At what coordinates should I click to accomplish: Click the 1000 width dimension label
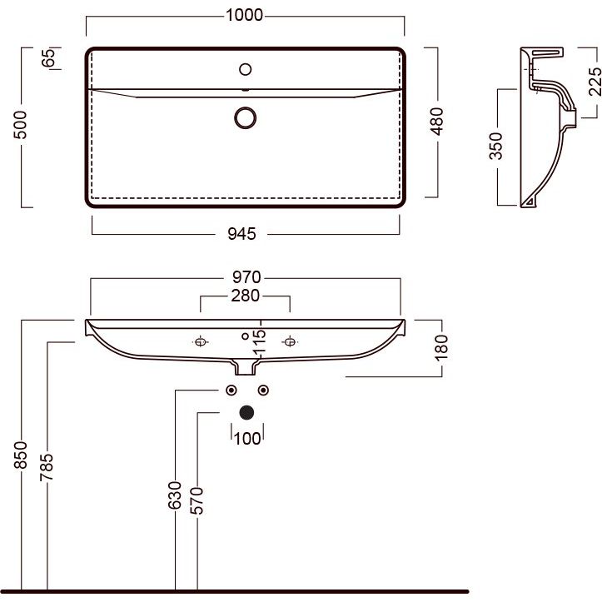(244, 15)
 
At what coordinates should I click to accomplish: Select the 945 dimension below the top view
(241, 234)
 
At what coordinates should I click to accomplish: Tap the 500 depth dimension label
(20, 124)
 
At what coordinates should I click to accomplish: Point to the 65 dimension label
(48, 58)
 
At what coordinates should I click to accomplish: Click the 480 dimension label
(436, 122)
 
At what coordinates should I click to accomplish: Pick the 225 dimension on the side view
(595, 82)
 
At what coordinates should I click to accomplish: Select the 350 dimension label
(495, 146)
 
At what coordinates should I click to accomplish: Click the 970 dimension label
(246, 276)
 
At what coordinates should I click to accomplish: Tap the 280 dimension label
(246, 296)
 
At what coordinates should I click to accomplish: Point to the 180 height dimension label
(441, 347)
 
